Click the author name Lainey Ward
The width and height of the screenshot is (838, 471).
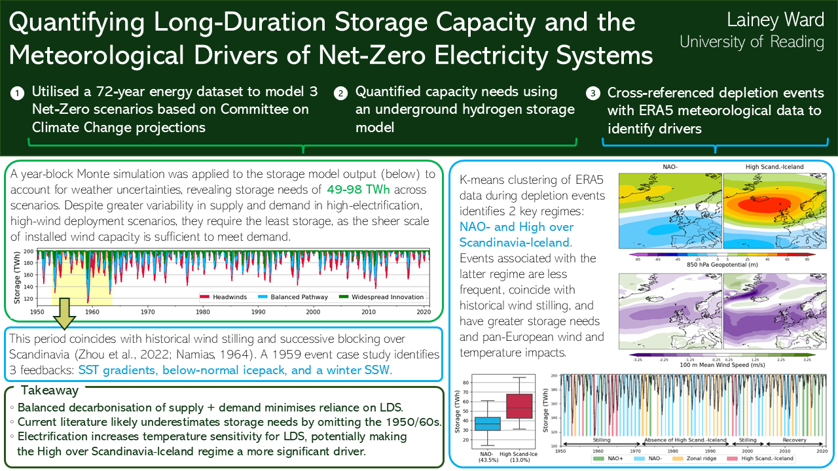coord(776,20)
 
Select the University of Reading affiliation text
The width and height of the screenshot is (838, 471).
coord(752,43)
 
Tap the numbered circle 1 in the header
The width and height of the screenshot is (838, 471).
coord(16,94)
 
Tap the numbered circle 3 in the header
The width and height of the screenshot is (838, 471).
coord(593,94)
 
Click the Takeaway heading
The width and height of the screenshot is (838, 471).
coord(49,391)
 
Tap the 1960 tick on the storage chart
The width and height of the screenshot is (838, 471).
coord(92,312)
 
